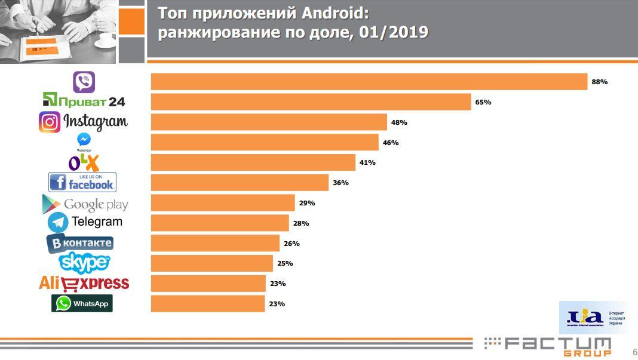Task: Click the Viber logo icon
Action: tap(84, 82)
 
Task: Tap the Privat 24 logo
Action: tap(84, 101)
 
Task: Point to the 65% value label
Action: tap(483, 102)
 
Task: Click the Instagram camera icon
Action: tap(50, 122)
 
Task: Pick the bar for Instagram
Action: tap(269, 122)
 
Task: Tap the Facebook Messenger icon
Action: tap(84, 140)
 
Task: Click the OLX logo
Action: tap(84, 162)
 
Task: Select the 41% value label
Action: tap(367, 162)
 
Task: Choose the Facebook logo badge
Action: tap(82, 182)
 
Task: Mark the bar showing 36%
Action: tap(240, 183)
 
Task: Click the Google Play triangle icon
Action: tap(51, 204)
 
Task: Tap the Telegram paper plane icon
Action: tap(58, 223)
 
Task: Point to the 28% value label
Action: tap(301, 223)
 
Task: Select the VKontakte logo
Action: tap(80, 243)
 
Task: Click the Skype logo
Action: tap(85, 262)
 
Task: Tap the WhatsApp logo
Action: tap(82, 303)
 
